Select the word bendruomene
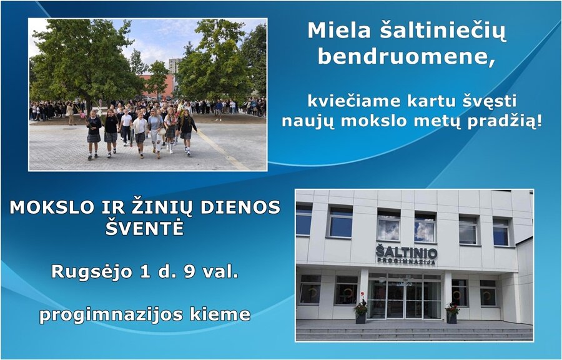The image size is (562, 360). (x=407, y=57)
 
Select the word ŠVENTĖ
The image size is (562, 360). (x=145, y=227)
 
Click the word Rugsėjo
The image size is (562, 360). (x=92, y=272)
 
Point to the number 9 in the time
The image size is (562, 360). (x=190, y=271)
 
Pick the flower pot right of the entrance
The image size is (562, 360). (x=452, y=312)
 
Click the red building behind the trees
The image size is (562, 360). (x=158, y=86)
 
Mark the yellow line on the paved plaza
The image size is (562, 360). (x=222, y=150)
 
